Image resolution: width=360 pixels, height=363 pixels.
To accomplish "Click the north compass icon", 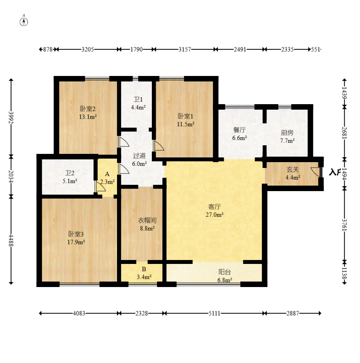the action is pyautogui.click(x=23, y=22).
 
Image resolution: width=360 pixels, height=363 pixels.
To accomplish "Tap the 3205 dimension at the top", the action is pyautogui.click(x=88, y=49).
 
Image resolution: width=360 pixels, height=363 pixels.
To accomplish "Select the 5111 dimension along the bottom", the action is pyautogui.click(x=214, y=313).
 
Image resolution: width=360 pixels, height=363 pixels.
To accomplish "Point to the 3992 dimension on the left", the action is pyautogui.click(x=11, y=117).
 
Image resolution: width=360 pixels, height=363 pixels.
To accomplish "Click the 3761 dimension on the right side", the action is pyautogui.click(x=345, y=225).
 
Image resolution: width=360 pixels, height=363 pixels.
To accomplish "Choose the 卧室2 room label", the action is pyautogui.click(x=88, y=108).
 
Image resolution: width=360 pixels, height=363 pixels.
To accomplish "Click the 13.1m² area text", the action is pyautogui.click(x=88, y=117).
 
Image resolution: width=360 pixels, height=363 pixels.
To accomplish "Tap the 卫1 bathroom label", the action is pyautogui.click(x=138, y=99).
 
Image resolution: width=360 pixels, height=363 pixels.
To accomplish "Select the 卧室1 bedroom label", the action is pyautogui.click(x=185, y=116).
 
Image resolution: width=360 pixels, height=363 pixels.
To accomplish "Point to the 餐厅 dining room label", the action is pyautogui.click(x=239, y=130).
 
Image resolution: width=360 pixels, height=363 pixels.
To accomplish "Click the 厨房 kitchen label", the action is pyautogui.click(x=287, y=133).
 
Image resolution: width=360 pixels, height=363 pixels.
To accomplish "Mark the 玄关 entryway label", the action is pyautogui.click(x=293, y=170).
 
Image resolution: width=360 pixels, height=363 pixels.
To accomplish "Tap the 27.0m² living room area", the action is pyautogui.click(x=214, y=215).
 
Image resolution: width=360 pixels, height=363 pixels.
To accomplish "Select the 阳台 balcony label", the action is pyautogui.click(x=225, y=272).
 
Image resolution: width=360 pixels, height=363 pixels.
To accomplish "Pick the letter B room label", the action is pyautogui.click(x=144, y=269).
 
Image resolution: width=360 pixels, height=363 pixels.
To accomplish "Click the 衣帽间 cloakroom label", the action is pyautogui.click(x=148, y=220).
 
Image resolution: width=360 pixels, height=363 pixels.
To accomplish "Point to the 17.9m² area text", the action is pyautogui.click(x=76, y=242).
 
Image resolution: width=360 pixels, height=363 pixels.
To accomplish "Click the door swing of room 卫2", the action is pyautogui.click(x=101, y=186).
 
